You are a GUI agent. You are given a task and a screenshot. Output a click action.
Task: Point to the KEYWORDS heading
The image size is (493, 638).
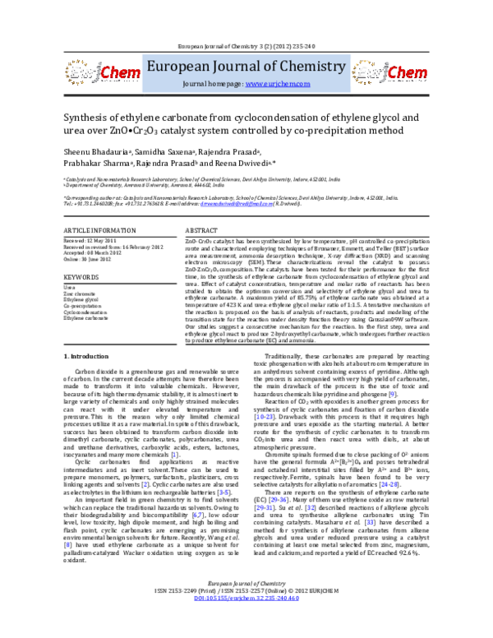82,279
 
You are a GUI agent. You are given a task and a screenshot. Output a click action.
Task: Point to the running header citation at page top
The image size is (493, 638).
246,49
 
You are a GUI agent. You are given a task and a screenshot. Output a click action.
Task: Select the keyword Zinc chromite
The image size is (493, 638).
80,294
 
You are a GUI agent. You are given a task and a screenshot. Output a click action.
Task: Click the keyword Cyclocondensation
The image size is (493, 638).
85,313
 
